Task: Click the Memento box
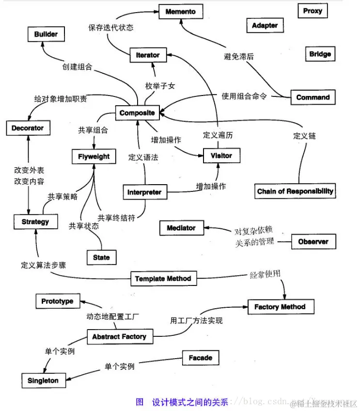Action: coord(181,12)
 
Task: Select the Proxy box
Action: coord(313,11)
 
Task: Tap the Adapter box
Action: coord(265,26)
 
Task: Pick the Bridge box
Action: coord(320,54)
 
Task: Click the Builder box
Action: coord(46,34)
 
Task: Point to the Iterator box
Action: coord(148,55)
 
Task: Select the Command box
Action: coord(313,97)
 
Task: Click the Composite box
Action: coord(137,113)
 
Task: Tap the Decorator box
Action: coord(28,128)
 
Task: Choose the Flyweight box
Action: coord(94,157)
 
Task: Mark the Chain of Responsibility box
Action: coord(295,191)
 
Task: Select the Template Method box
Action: coord(163,279)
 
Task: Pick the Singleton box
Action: coord(43,381)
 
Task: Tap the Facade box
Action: coord(201,358)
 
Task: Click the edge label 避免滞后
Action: coord(239,57)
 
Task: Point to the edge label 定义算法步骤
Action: coord(44,266)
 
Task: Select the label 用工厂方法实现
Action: coord(196,321)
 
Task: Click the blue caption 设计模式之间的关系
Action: coord(190,402)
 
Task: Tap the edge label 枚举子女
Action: coord(160,86)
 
